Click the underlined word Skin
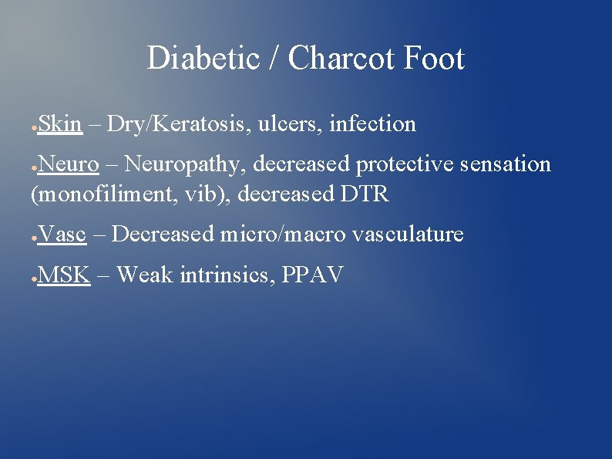(59, 124)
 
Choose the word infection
(372, 124)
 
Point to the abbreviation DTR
(364, 195)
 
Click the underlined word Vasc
(62, 234)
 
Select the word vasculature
(408, 234)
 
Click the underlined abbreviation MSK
(64, 274)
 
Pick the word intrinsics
(226, 274)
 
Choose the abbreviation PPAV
(312, 274)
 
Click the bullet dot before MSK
(33, 276)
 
